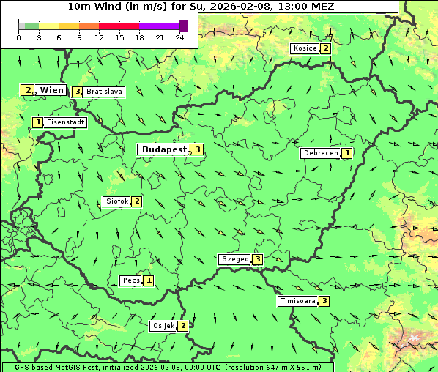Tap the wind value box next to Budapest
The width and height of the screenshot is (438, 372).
(x=197, y=149)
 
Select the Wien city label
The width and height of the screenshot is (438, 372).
(x=52, y=90)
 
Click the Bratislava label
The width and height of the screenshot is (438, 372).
(x=104, y=92)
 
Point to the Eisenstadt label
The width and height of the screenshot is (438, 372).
(x=66, y=122)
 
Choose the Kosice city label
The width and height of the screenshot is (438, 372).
(x=305, y=48)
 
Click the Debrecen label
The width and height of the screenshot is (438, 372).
(x=320, y=153)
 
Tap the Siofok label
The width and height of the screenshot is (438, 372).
(x=117, y=201)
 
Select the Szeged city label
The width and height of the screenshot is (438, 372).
(x=234, y=259)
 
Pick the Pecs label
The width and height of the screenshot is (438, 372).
(x=131, y=280)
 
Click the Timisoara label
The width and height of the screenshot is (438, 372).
(x=297, y=301)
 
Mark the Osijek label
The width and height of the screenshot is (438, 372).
(x=163, y=326)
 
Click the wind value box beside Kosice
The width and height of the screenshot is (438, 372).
(x=326, y=48)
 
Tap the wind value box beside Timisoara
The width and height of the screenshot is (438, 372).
(x=324, y=301)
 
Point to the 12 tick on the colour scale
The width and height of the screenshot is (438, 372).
(x=98, y=37)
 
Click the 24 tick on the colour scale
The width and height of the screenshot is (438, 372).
(x=180, y=37)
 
